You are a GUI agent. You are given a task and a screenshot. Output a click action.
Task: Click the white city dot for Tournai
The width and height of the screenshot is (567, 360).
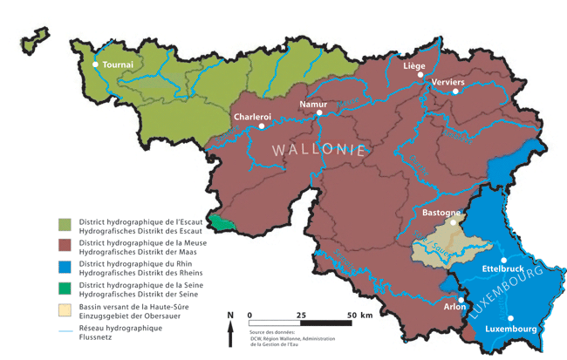96,65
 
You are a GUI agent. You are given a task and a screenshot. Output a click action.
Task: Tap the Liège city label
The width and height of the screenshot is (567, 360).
414,65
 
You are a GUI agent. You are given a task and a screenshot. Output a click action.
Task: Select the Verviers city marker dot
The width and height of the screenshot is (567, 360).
431,83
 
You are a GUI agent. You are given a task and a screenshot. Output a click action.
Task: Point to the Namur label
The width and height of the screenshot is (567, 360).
313,104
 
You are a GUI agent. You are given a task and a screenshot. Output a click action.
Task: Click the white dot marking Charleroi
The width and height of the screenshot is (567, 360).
261,127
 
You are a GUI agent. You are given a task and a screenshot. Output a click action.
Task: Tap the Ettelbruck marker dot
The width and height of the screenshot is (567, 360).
504,260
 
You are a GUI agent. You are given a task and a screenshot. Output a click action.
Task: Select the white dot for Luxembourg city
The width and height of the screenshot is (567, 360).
511,318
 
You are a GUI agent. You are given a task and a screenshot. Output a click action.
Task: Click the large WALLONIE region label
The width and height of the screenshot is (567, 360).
318,149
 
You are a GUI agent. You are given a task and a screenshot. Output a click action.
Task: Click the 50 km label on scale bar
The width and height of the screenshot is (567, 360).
360,315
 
